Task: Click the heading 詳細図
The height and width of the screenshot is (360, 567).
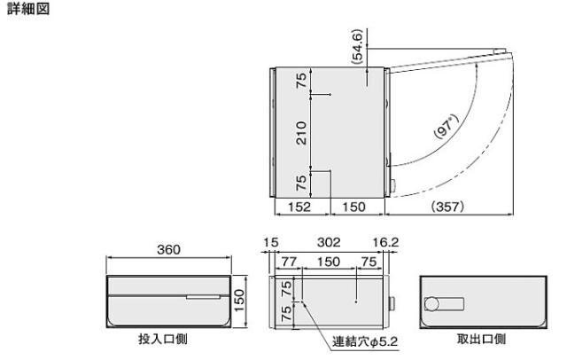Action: point(28,9)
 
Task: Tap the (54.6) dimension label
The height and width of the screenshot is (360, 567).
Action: point(357,47)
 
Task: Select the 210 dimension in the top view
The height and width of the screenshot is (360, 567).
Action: point(301,133)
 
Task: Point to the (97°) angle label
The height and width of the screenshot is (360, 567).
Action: point(447,126)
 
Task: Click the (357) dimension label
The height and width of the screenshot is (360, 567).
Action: point(447,207)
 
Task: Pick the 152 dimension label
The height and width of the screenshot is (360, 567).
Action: point(299,207)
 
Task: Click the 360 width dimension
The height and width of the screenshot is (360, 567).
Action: point(168,250)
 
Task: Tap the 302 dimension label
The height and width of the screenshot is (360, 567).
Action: point(329,242)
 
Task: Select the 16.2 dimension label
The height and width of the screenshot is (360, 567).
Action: point(385,242)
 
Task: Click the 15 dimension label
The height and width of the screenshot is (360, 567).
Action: point(271,242)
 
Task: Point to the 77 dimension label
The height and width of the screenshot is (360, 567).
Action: point(289,262)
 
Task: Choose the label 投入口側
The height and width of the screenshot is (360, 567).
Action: point(163,339)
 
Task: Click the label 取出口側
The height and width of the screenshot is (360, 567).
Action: point(481,339)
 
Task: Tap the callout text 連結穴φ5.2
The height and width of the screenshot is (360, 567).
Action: point(365,341)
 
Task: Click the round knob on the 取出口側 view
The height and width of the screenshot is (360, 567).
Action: point(431,304)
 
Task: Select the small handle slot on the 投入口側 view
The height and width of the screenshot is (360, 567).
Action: point(203,297)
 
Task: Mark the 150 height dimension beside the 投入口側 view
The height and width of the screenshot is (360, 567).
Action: point(239,301)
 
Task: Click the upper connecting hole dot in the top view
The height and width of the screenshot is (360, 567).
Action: point(330,95)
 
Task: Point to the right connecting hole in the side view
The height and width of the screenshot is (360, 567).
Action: point(356,301)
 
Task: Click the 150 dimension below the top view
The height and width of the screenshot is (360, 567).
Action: point(353,207)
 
